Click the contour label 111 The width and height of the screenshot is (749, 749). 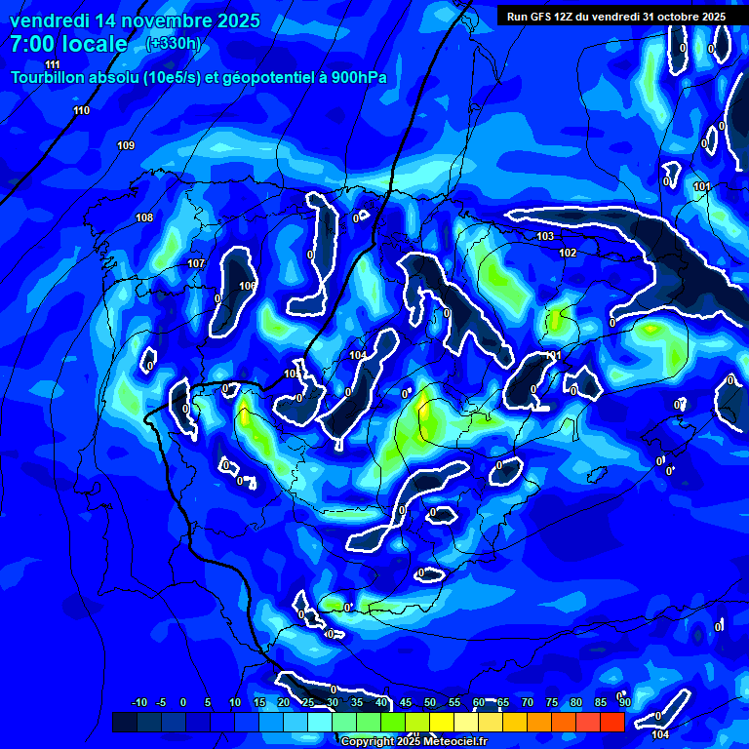point(53,64)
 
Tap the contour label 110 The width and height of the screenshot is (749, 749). point(81,110)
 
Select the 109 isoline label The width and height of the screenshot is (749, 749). point(126,145)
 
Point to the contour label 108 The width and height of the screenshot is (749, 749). point(144,217)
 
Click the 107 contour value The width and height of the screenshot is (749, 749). point(196,263)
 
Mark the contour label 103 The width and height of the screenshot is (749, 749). point(545,237)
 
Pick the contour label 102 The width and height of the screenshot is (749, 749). point(568,253)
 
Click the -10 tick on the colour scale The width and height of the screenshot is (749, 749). point(139,702)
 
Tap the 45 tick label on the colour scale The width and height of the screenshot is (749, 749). point(406,702)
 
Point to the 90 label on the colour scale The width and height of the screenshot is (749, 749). point(624,702)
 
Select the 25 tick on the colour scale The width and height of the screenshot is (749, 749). point(308,702)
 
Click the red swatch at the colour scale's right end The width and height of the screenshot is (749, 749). point(611,722)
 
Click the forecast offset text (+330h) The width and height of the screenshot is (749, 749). point(173,43)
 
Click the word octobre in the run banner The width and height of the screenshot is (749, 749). point(673,17)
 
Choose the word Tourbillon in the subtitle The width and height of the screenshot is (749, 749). point(49,78)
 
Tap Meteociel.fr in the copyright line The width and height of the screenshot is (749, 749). point(452,741)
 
